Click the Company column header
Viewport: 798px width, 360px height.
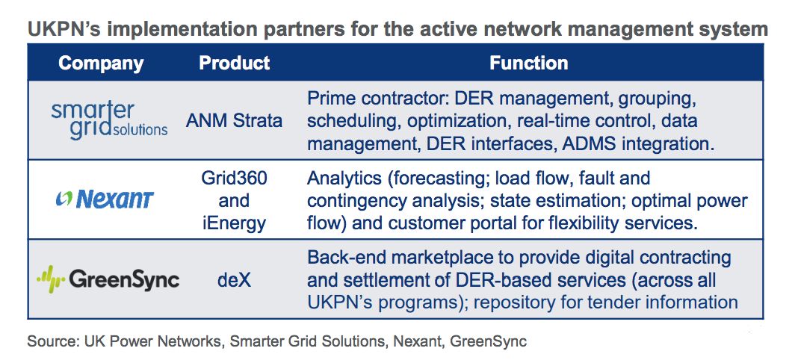tap(101, 63)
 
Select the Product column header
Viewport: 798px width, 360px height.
tap(234, 63)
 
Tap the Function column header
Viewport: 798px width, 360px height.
tap(529, 63)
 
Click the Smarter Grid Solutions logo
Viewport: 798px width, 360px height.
tap(109, 120)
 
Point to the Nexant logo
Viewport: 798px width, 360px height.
tap(105, 200)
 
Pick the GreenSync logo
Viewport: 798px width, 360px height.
tap(108, 279)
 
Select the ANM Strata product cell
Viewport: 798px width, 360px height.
tap(234, 121)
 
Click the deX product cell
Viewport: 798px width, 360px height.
tap(234, 279)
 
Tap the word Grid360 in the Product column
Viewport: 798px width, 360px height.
tap(234, 178)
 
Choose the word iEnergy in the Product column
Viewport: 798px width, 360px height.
tap(234, 223)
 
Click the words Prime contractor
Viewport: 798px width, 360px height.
tap(376, 99)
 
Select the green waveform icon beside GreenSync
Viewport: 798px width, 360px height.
tap(50, 279)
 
